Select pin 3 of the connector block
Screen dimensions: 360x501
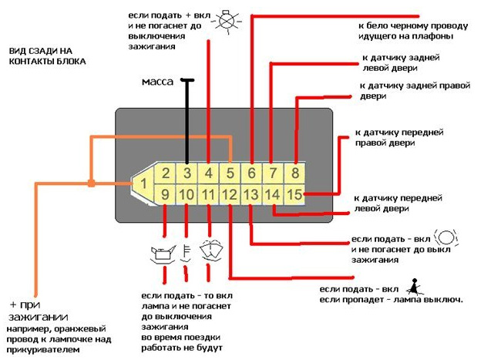pyautogui.click(x=187, y=173)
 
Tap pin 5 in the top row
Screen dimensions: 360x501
pyautogui.click(x=230, y=173)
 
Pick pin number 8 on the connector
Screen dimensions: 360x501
pyautogui.click(x=294, y=173)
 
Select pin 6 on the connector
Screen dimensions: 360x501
pyautogui.click(x=252, y=173)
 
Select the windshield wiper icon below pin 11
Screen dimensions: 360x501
pyautogui.click(x=209, y=251)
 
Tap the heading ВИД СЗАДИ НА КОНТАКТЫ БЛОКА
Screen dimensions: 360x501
pyautogui.click(x=47, y=55)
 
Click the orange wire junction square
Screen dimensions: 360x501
pyautogui.click(x=91, y=183)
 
